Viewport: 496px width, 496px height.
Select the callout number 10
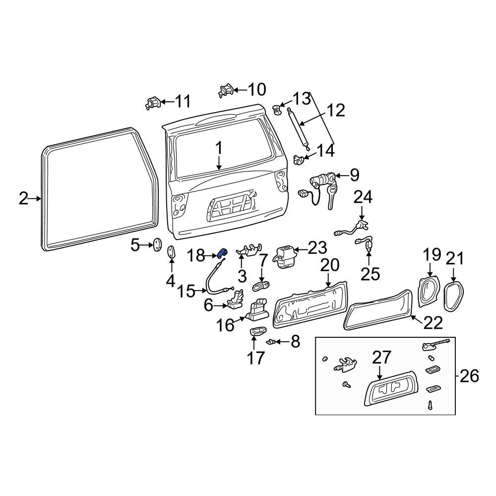click(256, 89)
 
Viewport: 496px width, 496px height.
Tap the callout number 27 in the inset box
click(381, 358)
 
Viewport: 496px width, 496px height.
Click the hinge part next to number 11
click(153, 103)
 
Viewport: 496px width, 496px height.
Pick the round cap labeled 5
click(157, 245)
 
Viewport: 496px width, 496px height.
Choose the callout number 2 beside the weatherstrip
click(23, 199)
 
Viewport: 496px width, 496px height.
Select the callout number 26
click(469, 376)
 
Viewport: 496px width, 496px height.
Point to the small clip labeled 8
click(271, 342)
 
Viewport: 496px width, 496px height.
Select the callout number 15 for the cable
click(186, 291)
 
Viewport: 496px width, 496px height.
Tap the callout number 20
click(329, 265)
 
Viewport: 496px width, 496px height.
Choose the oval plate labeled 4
click(171, 252)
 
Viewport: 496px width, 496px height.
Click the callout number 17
click(255, 358)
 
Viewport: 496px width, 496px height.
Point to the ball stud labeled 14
click(299, 160)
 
